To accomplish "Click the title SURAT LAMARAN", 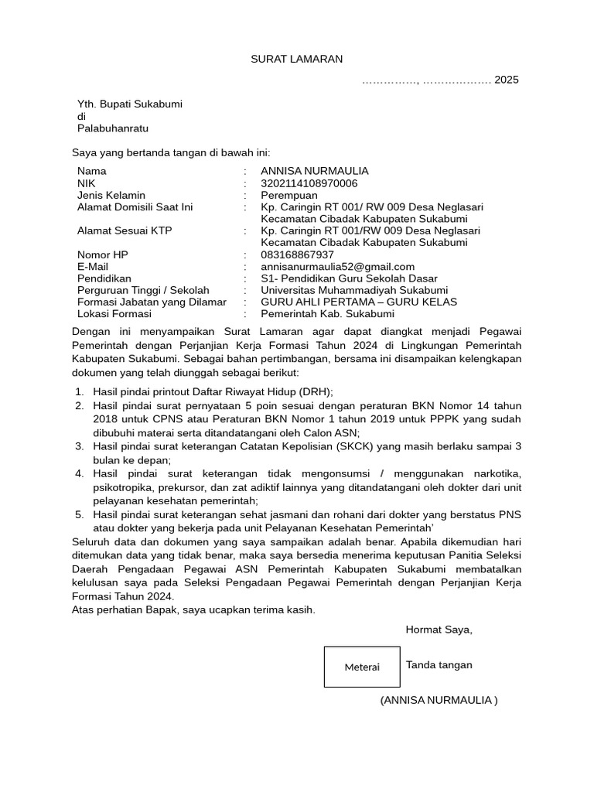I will [296, 59].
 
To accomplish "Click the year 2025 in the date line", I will [507, 80].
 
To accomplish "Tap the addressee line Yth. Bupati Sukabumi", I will [129, 104].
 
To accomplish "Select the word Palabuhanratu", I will [112, 128].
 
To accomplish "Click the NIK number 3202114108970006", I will [309, 183].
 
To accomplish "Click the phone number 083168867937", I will [297, 254].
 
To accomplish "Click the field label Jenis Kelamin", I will [111, 195].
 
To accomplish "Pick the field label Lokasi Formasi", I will [114, 314].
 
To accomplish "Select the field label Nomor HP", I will [103, 254].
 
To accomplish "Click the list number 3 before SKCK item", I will [79, 446].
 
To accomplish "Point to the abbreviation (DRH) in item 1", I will [316, 392].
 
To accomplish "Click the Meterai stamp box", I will [362, 667].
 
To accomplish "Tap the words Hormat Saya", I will [439, 630].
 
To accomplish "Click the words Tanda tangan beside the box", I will [439, 665].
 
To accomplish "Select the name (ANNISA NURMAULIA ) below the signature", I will [439, 700].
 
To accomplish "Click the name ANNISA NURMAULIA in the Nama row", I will [315, 171].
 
